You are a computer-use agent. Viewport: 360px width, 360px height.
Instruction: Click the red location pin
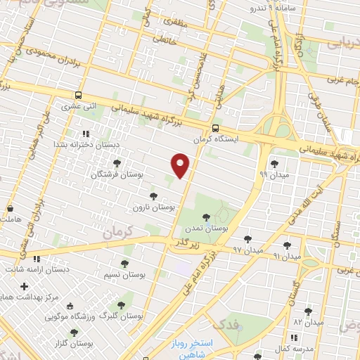tap(181, 165)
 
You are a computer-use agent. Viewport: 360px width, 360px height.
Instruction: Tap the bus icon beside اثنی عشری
tap(78, 96)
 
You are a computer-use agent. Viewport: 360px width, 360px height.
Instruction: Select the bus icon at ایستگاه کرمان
tap(215, 128)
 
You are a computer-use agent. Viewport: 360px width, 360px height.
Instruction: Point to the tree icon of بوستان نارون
tap(153, 196)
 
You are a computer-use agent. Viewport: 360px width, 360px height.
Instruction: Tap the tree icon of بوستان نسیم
tap(124, 264)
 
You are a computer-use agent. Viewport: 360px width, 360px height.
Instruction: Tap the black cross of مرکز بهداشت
tap(25, 286)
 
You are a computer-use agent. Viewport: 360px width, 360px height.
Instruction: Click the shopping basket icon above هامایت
tap(11, 209)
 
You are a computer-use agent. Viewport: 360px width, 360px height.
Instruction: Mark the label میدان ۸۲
tap(308, 322)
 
